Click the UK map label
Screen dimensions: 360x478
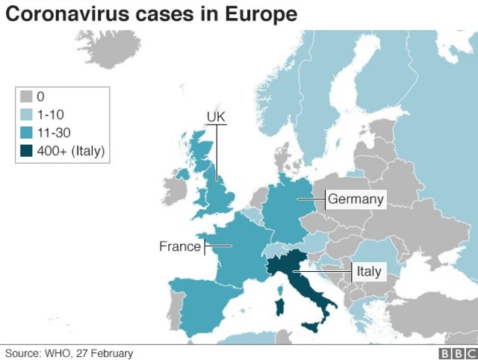point(216,117)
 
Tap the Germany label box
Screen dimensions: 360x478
point(356,199)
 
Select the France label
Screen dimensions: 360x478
point(180,246)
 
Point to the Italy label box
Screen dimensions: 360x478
point(368,271)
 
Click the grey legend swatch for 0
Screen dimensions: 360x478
point(27,96)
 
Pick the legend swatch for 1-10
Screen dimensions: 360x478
point(27,115)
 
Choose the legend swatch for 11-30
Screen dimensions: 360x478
point(27,133)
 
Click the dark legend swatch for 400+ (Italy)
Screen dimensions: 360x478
point(27,152)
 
